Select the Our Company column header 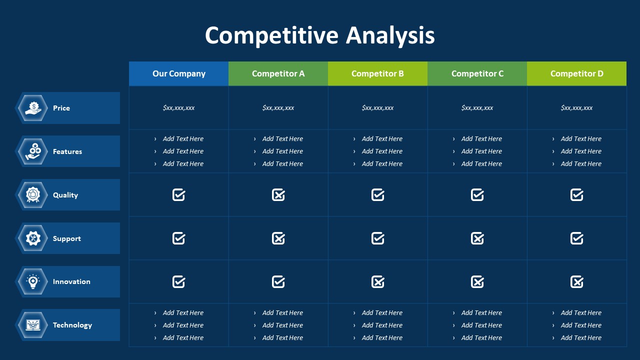[x=179, y=73]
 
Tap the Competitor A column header [x=278, y=73]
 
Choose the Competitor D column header [x=576, y=73]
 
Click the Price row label [x=61, y=108]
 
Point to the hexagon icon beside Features [x=33, y=151]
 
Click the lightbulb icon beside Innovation [x=33, y=281]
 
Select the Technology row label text [x=72, y=325]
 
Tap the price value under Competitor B [x=377, y=108]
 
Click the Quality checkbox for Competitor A [x=278, y=195]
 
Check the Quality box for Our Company [x=179, y=195]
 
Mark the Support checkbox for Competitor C [x=477, y=238]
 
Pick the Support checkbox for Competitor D [x=576, y=238]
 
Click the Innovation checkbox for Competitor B [x=377, y=282]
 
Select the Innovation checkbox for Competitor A [x=278, y=282]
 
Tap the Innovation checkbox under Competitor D [x=576, y=282]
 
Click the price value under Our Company [x=179, y=108]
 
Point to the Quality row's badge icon [x=33, y=195]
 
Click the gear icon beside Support [x=33, y=238]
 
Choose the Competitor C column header [x=477, y=73]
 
